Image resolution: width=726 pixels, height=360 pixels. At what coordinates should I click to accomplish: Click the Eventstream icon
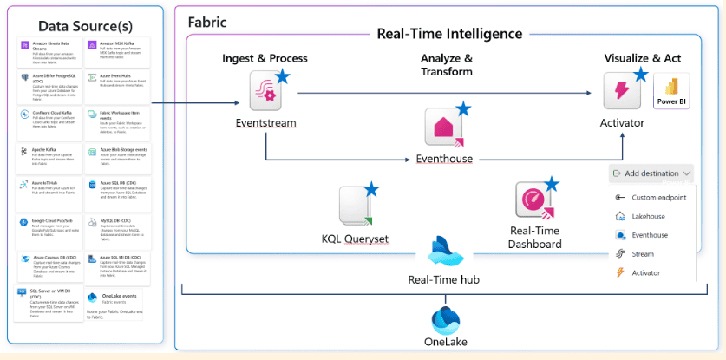(x=265, y=90)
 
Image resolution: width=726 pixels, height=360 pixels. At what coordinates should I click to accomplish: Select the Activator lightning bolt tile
(x=623, y=91)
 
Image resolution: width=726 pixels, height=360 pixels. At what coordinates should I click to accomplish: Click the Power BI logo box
(x=671, y=92)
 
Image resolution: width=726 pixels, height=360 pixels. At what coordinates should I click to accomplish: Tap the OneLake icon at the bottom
(x=446, y=319)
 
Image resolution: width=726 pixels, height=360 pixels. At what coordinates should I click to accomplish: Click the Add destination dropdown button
(x=651, y=173)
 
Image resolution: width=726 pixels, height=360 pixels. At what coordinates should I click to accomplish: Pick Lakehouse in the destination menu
(x=649, y=216)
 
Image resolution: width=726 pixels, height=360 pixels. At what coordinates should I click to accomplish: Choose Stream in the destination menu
(x=643, y=253)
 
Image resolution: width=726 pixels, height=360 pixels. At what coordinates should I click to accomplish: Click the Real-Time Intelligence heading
(x=449, y=34)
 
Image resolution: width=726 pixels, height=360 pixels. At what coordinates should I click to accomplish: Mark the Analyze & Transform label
(x=446, y=65)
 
